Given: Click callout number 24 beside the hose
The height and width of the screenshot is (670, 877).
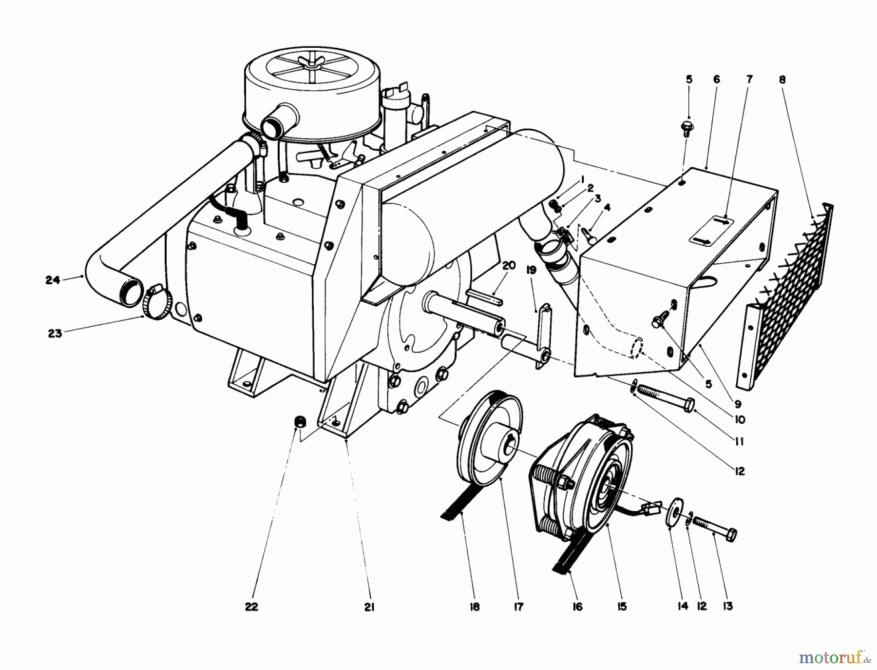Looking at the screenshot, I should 52,280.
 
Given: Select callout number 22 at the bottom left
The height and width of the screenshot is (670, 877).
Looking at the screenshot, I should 251,607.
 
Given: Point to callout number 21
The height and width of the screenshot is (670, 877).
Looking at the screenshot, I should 369,607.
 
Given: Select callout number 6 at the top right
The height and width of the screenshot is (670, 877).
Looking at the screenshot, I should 716,79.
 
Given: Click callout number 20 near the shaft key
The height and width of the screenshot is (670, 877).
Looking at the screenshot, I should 508,265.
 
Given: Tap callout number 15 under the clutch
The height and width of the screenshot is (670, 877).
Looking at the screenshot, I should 622,607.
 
